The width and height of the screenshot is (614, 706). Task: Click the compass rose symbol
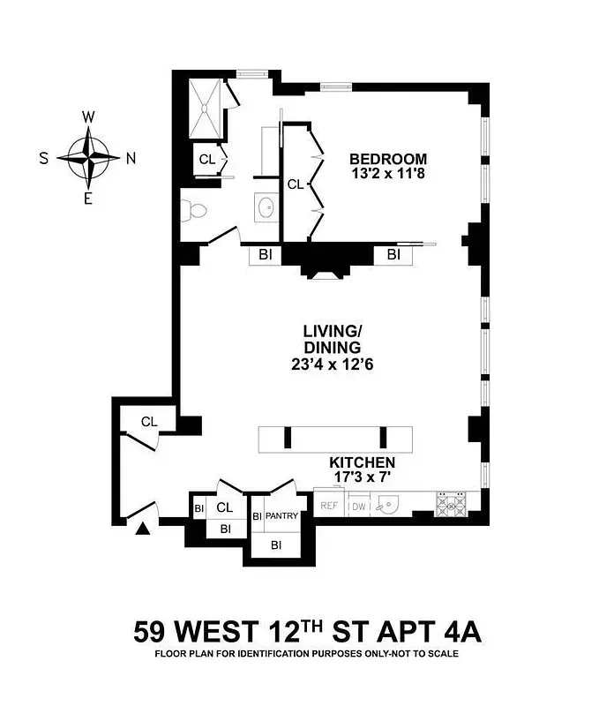tap(88, 158)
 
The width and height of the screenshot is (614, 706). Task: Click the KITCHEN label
tap(362, 462)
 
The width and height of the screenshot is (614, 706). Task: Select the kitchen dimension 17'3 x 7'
tap(362, 477)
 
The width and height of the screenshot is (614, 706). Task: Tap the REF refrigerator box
tap(329, 506)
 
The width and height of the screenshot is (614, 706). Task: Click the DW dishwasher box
tap(359, 506)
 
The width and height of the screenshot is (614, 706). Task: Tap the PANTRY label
tap(281, 515)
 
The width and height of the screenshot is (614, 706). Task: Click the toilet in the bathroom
tap(192, 211)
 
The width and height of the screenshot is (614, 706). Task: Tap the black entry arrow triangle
tap(142, 529)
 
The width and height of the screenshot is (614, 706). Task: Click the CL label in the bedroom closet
tap(295, 184)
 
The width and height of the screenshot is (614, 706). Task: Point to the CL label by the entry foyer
tap(149, 422)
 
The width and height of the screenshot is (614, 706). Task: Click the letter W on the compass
tap(88, 117)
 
